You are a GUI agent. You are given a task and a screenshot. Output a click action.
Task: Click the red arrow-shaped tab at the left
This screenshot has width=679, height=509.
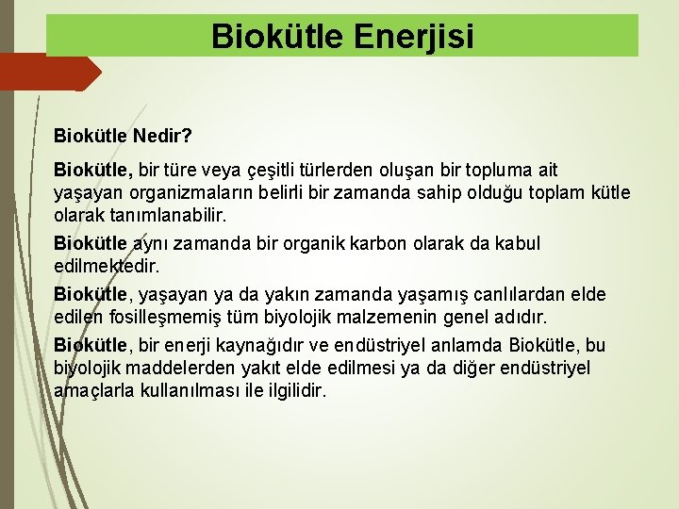pyautogui.click(x=47, y=73)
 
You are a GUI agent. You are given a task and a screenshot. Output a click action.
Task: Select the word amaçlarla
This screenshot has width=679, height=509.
pyautogui.click(x=93, y=391)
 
